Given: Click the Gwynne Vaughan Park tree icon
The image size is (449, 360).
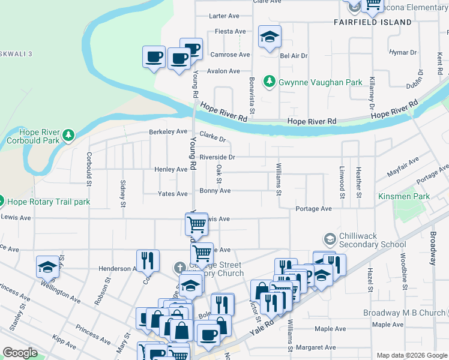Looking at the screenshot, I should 270,82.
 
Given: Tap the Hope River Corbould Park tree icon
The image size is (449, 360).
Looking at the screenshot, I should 71,136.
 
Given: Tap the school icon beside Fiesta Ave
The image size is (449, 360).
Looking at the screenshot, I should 270,37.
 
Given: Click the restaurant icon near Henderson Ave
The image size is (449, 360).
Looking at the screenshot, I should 148,260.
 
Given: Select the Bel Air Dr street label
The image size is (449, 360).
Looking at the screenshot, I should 294,56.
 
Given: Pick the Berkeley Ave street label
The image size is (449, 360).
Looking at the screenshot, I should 169,131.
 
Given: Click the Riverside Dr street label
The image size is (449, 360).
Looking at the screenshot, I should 217,157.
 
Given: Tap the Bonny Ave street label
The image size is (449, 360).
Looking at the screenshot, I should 215,191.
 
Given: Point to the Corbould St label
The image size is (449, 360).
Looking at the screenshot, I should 89,169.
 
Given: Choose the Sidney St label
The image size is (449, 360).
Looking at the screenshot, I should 123,193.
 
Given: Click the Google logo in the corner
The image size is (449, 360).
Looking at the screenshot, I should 20,353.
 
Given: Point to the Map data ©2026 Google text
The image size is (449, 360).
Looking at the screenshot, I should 411,355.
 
